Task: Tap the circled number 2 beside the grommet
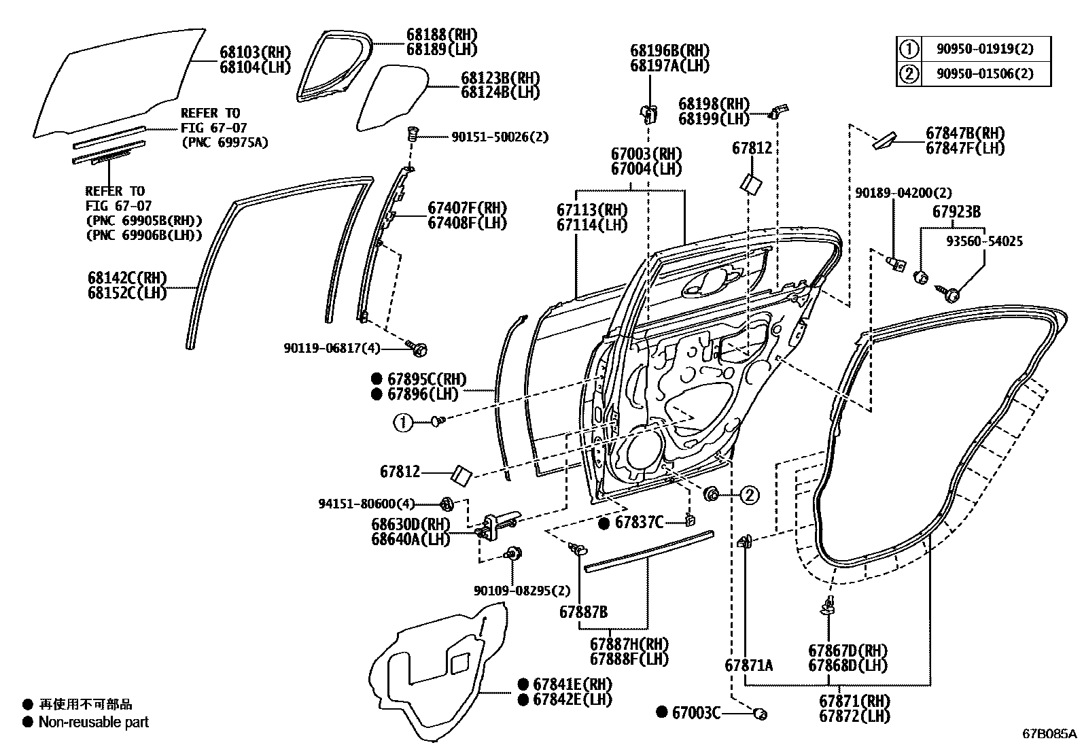pos(749,496)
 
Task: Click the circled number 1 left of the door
pos(402,423)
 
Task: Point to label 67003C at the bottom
pos(695,712)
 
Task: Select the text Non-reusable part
pos(93,722)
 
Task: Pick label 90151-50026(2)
pos(500,137)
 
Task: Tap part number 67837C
pos(638,522)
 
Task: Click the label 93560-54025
pos(984,241)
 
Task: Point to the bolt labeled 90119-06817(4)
pos(419,349)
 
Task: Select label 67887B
pos(583,612)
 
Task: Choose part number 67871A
pos(748,665)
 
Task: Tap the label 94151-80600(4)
pos(366,504)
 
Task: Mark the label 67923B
pos(956,212)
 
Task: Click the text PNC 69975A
pos(224,142)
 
